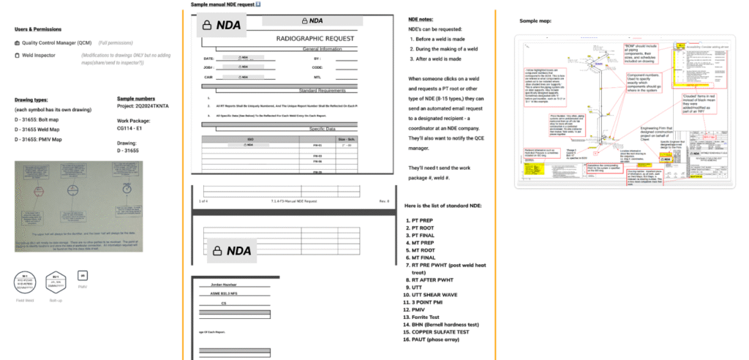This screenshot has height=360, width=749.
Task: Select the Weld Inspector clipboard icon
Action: pyautogui.click(x=16, y=54)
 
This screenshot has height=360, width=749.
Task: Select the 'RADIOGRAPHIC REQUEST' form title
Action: pyautogui.click(x=315, y=38)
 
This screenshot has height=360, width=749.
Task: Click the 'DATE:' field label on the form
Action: pyautogui.click(x=209, y=58)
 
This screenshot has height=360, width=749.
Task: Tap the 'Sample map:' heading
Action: pyautogui.click(x=535, y=21)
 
